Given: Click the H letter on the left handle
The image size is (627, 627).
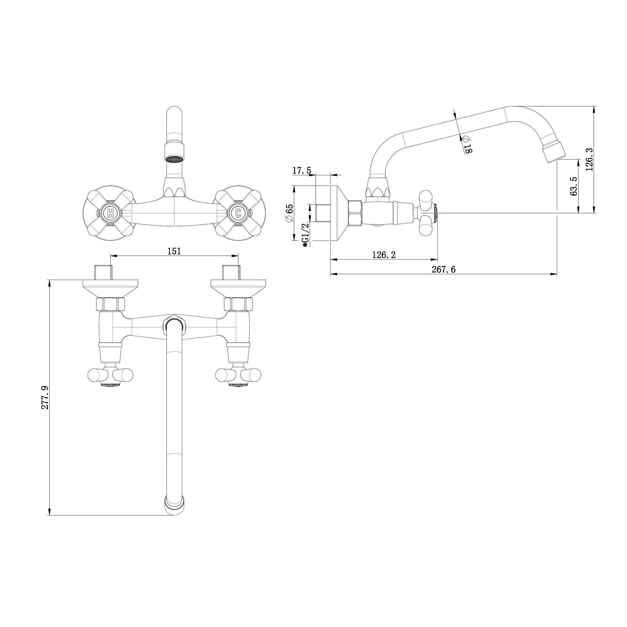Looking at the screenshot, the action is [111, 213].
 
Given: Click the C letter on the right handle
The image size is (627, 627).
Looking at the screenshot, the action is [238, 213].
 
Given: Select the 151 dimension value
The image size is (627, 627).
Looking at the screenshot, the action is [174, 251].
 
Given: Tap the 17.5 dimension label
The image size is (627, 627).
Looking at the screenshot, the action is [302, 170].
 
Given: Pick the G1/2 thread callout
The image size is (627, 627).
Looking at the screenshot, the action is [305, 235].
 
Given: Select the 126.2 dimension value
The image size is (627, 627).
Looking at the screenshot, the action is [384, 255].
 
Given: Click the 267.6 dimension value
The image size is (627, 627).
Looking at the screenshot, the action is [443, 269].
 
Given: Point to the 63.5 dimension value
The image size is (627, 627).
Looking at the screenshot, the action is [573, 186].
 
